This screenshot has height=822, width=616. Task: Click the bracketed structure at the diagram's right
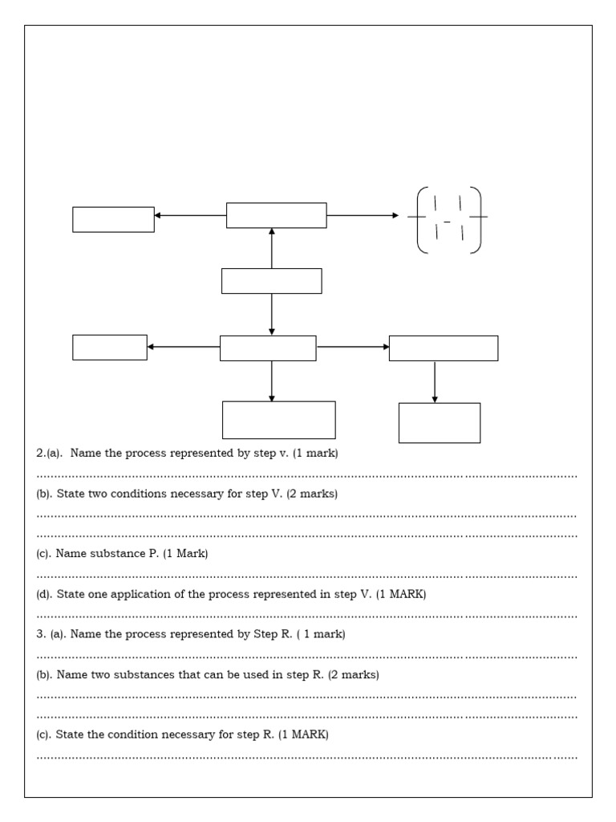[x=448, y=219]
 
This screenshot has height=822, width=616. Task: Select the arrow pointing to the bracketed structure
[x=363, y=215]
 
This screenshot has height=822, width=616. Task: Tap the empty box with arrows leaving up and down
[x=271, y=281]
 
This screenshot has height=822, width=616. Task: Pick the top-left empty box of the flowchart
[x=113, y=219]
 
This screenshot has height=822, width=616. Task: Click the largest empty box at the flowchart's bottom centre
[x=278, y=420]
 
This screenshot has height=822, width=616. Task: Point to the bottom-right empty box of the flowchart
[x=440, y=423]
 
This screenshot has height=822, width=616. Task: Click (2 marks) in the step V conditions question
[x=312, y=494]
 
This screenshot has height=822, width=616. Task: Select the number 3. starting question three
[x=41, y=634]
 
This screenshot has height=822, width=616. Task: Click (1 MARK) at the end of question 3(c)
[x=303, y=735]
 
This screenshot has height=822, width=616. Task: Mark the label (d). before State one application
[x=45, y=594]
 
